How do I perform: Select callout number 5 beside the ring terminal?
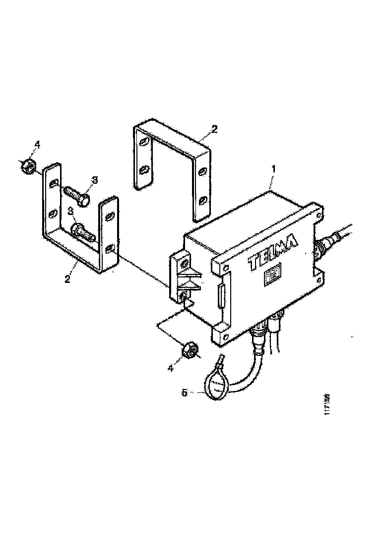184,393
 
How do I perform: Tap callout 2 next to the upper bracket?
214,129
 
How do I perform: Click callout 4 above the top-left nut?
36,145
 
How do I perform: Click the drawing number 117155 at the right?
327,407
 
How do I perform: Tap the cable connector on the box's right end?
324,245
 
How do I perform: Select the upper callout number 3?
93,180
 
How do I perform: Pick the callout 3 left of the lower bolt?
71,212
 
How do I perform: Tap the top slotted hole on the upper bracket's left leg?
143,144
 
